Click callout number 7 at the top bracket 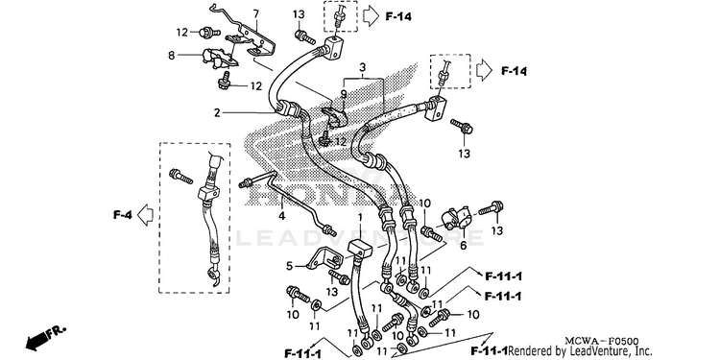point(255,13)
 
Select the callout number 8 point(172,56)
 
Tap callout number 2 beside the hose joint point(217,112)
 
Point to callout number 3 point(362,68)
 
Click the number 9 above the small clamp point(343,95)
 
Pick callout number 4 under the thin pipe point(282,216)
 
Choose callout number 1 point(360,217)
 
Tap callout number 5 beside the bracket point(289,266)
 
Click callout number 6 point(463,246)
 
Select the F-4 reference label point(123,214)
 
